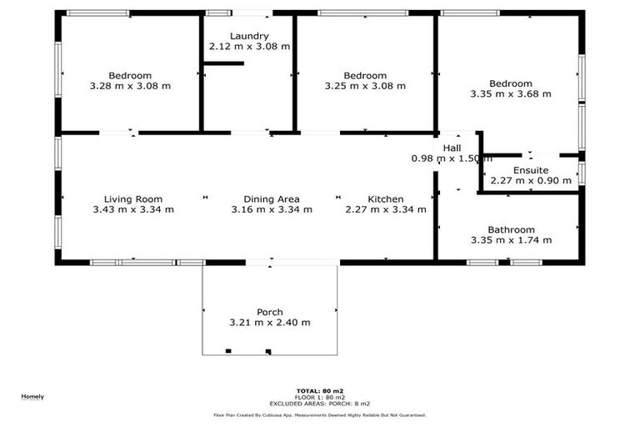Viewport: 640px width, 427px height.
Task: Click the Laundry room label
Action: (x=249, y=36)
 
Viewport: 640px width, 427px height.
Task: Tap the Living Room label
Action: (x=133, y=199)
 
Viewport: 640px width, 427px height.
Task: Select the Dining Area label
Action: (x=272, y=199)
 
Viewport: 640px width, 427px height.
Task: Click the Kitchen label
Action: (x=386, y=199)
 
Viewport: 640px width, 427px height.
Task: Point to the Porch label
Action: (x=270, y=312)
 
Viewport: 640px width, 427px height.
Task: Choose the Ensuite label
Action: (x=531, y=170)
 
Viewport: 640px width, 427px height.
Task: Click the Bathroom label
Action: (x=511, y=229)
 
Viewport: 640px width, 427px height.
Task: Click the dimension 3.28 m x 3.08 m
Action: (x=130, y=86)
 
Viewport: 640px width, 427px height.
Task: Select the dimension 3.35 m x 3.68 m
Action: (x=511, y=94)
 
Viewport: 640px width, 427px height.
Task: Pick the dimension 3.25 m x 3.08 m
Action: (x=365, y=86)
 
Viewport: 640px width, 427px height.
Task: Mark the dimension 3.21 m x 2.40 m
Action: (x=270, y=323)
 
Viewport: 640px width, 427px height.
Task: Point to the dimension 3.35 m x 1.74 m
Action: (x=511, y=240)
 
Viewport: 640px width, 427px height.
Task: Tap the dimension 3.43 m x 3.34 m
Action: (x=133, y=209)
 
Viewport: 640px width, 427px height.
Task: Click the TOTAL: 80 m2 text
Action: (x=320, y=390)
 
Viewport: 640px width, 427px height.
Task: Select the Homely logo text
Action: (x=32, y=396)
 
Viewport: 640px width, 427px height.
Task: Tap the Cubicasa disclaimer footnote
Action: (x=320, y=414)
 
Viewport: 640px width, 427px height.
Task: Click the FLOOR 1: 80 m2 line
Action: (x=320, y=396)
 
